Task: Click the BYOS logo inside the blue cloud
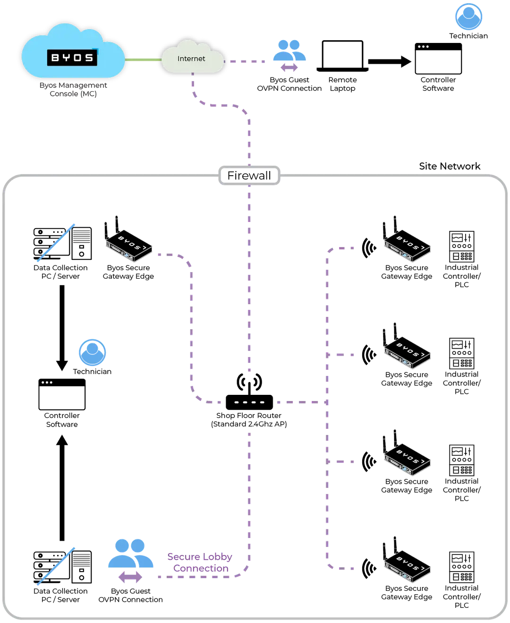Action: [72, 58]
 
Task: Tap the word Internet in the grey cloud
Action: [191, 59]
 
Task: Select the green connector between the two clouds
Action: [144, 60]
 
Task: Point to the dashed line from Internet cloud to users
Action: [248, 60]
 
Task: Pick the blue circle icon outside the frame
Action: [468, 17]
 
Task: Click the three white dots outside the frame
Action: [423, 47]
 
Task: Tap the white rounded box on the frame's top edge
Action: [249, 175]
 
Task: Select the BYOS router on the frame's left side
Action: [127, 240]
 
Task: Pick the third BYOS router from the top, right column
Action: [406, 453]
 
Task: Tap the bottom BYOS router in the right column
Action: [406, 559]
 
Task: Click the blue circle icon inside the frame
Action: [93, 352]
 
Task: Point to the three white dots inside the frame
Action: [47, 382]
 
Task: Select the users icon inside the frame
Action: [130, 553]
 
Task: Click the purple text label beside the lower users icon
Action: [200, 563]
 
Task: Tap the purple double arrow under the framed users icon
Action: [130, 577]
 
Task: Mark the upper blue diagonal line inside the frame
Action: [56, 241]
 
